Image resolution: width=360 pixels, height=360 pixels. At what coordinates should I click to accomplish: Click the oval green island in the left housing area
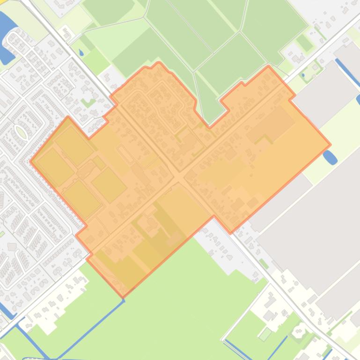pos(21,120)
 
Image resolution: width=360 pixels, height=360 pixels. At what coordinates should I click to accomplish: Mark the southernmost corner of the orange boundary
pos(124,296)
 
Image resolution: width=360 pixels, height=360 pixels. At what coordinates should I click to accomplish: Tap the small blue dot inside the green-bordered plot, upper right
pos(303,75)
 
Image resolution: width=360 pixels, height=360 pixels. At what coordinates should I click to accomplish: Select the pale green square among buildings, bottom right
pos(265,334)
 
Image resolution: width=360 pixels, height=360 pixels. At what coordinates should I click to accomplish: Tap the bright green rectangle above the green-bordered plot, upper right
pos(305,43)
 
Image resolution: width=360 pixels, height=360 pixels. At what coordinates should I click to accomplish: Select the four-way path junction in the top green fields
pos(240,32)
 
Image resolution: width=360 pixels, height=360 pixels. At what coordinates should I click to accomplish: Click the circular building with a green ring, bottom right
pos(298,332)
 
